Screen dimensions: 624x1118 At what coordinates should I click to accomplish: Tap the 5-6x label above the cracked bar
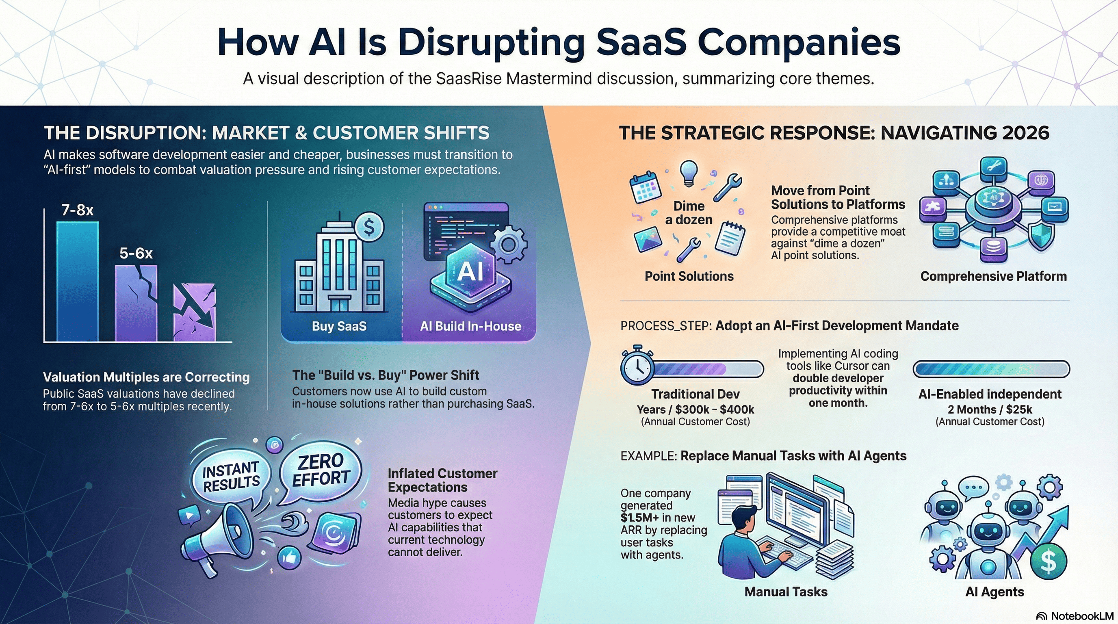click(x=136, y=253)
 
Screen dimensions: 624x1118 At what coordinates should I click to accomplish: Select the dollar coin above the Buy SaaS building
click(x=369, y=227)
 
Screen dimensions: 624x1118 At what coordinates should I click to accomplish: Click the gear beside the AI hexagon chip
click(x=509, y=244)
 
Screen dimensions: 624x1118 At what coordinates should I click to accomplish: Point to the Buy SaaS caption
click(x=339, y=326)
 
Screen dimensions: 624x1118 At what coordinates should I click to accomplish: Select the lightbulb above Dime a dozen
click(x=689, y=172)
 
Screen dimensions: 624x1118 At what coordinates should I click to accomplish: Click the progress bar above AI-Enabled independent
click(x=991, y=369)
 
